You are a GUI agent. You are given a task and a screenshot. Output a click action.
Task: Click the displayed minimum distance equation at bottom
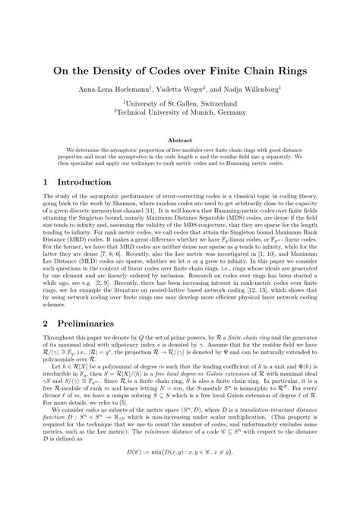click(x=180, y=495)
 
